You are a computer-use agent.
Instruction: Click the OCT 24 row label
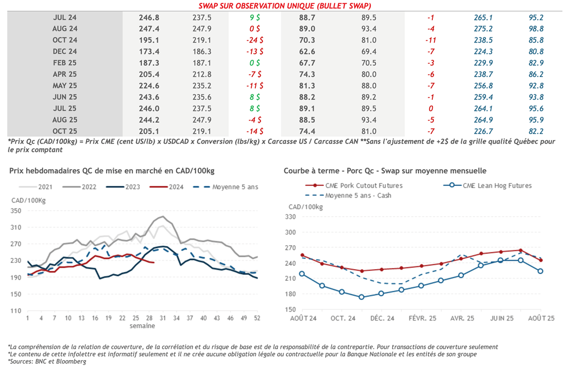tap(65, 40)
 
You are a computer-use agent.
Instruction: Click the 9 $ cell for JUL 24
tap(255, 17)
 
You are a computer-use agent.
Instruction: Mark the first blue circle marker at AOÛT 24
tap(302, 274)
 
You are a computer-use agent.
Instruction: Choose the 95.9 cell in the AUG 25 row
tap(536, 120)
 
